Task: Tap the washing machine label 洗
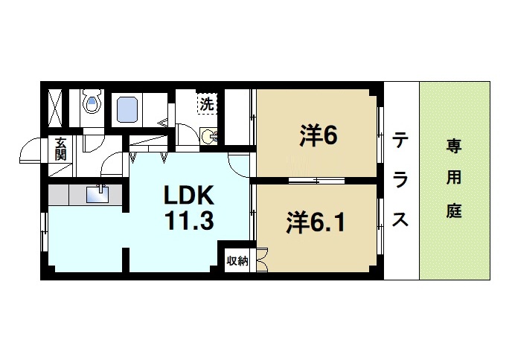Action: click(x=206, y=103)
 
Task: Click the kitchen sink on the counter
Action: click(x=97, y=194)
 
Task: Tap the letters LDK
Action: click(x=189, y=196)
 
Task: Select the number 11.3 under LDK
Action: click(x=189, y=220)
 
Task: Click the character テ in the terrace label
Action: click(x=401, y=140)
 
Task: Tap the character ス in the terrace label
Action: click(x=401, y=220)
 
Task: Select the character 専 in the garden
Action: click(x=454, y=144)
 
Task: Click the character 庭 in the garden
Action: click(x=454, y=210)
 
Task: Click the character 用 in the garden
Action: click(x=454, y=177)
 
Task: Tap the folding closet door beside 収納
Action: click(x=261, y=264)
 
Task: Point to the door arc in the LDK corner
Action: click(x=240, y=162)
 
